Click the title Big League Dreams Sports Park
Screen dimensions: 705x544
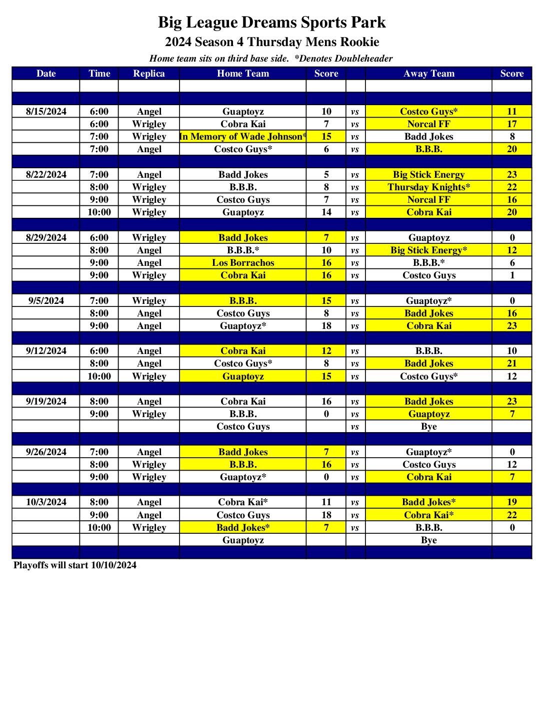coord(272,23)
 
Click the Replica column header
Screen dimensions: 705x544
coord(149,74)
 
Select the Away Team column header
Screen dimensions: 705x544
coord(429,74)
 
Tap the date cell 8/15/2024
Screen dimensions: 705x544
coord(46,112)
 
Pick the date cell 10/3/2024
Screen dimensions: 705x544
coord(46,502)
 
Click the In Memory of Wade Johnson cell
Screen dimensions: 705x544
coord(243,137)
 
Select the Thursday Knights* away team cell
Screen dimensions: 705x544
coord(429,187)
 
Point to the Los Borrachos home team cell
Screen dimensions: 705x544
coord(243,263)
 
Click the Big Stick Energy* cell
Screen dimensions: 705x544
coord(429,250)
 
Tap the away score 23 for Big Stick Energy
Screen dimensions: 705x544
coord(512,175)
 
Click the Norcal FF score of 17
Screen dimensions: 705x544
coord(512,124)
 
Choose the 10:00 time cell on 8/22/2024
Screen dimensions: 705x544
coord(99,212)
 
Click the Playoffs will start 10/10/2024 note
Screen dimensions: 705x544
coord(75,565)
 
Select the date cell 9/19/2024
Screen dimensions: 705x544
coord(46,402)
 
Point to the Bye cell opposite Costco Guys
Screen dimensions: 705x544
coord(429,427)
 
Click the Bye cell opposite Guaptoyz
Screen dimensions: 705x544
coord(429,540)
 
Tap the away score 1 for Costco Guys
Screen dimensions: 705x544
coord(512,275)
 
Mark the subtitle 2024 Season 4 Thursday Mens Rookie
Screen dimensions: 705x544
coord(272,42)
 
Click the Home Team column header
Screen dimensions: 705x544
coord(243,74)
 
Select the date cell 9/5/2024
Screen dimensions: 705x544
coord(46,301)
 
